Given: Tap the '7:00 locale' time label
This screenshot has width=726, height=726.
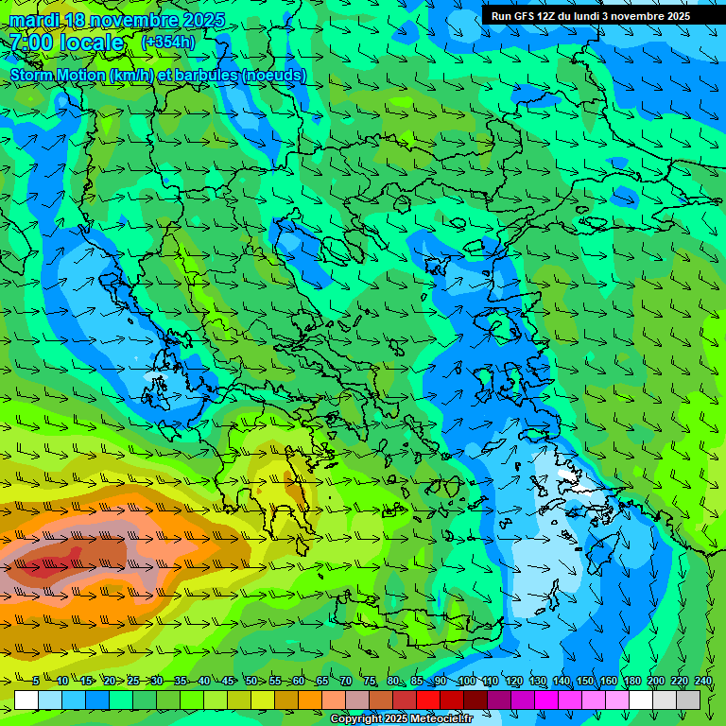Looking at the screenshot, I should click(66, 43).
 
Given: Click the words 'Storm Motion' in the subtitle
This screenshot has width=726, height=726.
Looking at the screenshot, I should click(58, 75).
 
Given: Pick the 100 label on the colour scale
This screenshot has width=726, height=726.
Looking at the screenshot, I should click(466, 682).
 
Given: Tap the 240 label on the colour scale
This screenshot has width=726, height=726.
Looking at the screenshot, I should click(703, 682).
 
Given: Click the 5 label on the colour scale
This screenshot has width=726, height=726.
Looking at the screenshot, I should click(36, 682).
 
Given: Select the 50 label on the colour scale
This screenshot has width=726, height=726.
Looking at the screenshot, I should click(251, 682).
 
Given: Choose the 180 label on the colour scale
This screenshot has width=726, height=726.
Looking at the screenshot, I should click(631, 682).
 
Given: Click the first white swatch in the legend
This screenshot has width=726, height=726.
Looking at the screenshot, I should click(26, 700).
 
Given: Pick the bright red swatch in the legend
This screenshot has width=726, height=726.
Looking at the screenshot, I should click(429, 700).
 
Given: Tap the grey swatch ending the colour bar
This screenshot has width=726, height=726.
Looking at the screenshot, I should click(689, 700).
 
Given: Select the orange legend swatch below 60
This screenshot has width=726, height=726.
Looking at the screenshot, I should click(311, 700).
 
